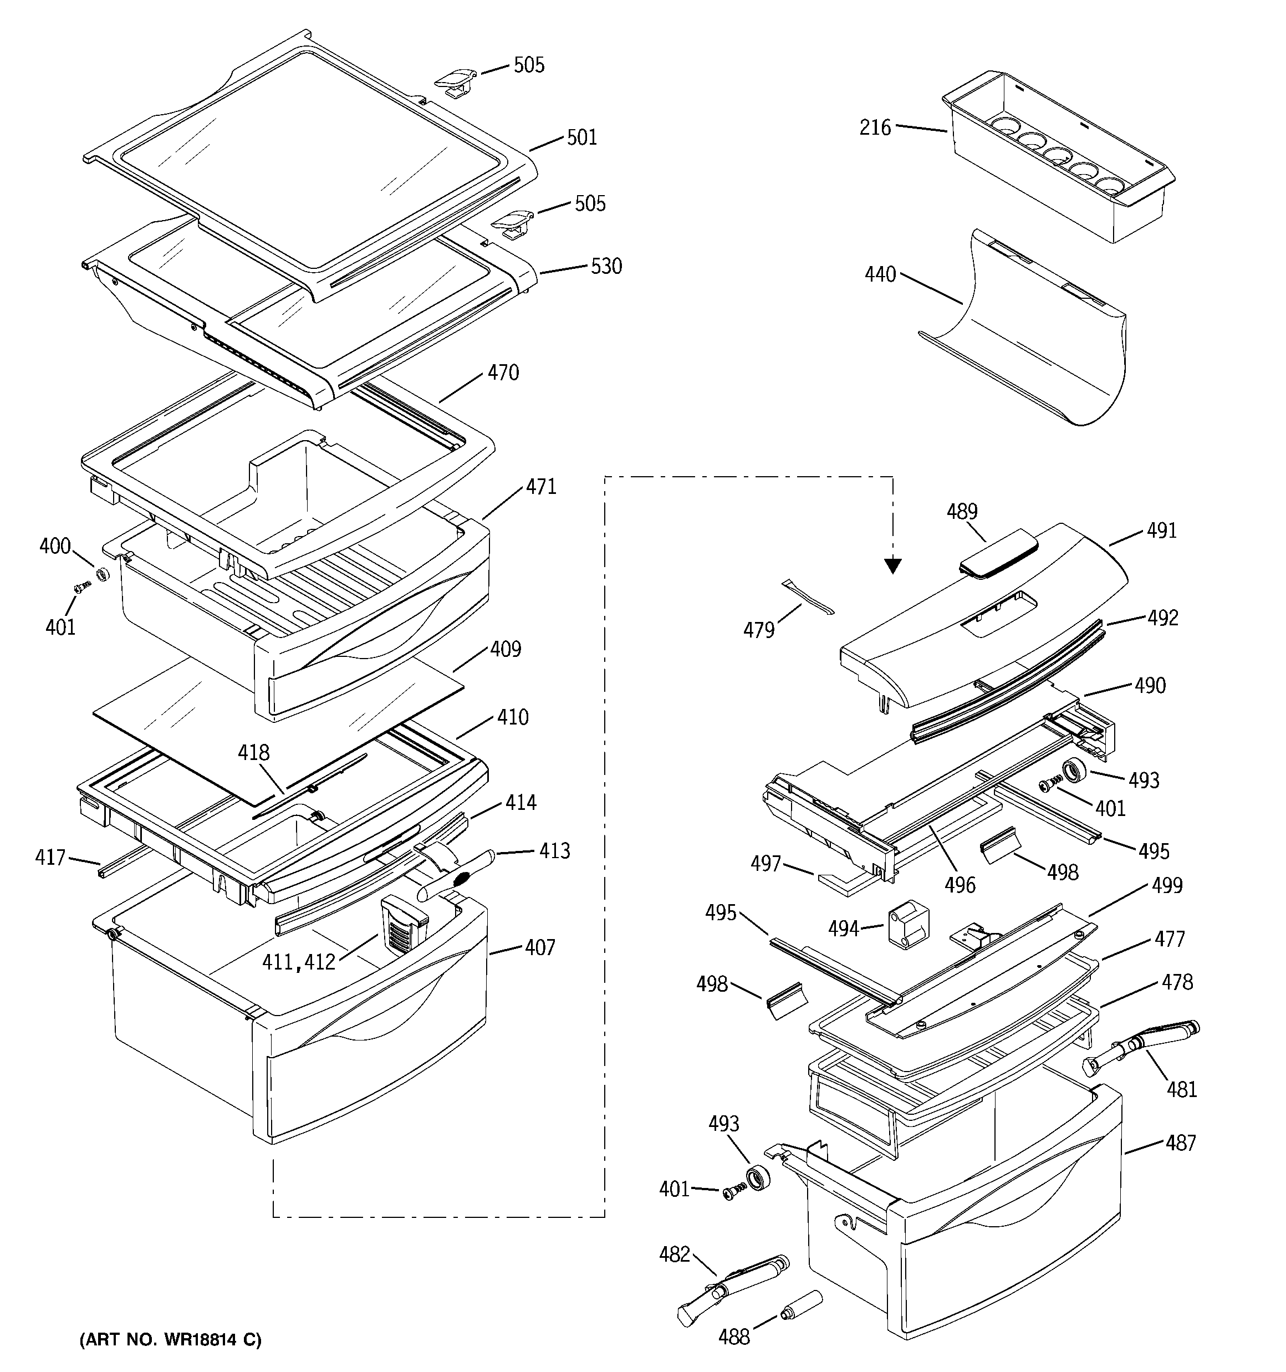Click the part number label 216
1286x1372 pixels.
tap(875, 127)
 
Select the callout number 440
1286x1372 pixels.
tap(880, 274)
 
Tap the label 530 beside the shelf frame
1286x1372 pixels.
tap(606, 267)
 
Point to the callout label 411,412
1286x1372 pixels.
tap(298, 962)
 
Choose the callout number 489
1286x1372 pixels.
tap(962, 512)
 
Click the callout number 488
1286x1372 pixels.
tap(734, 1338)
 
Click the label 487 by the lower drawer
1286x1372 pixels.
tap(1180, 1144)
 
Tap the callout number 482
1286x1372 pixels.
tap(675, 1254)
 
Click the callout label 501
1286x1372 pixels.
tap(581, 137)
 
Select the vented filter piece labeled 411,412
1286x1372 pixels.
tap(402, 924)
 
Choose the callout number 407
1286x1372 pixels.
tap(539, 947)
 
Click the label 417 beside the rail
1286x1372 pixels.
tap(50, 858)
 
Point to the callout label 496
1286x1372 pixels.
tap(960, 885)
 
